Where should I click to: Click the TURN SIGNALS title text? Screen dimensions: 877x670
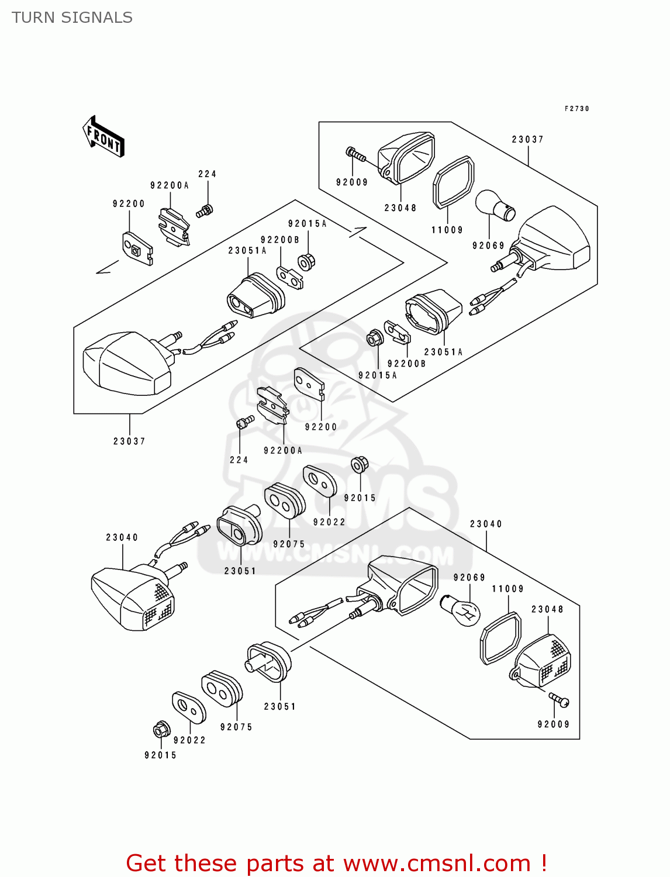[x=72, y=18]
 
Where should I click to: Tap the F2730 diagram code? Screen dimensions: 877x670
[x=576, y=109]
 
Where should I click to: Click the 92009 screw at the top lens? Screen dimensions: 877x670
[x=355, y=154]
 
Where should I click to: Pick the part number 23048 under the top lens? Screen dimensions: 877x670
[x=400, y=208]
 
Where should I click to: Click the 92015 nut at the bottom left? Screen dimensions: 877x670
[x=161, y=730]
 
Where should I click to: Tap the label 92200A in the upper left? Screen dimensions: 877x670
[x=170, y=185]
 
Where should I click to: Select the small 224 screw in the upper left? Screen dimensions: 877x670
[x=205, y=211]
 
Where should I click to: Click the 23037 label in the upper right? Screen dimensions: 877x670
[x=527, y=139]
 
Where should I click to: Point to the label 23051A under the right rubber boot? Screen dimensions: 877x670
[x=443, y=352]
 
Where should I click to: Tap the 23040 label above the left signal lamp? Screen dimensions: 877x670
[x=122, y=537]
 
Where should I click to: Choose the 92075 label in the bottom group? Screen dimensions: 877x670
[x=236, y=727]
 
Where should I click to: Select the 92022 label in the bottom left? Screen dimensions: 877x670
[x=189, y=740]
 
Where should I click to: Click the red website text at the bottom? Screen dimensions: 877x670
[x=336, y=863]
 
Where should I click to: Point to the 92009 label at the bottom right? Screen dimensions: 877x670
[x=553, y=724]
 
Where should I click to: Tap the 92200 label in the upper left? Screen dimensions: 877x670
[x=129, y=203]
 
